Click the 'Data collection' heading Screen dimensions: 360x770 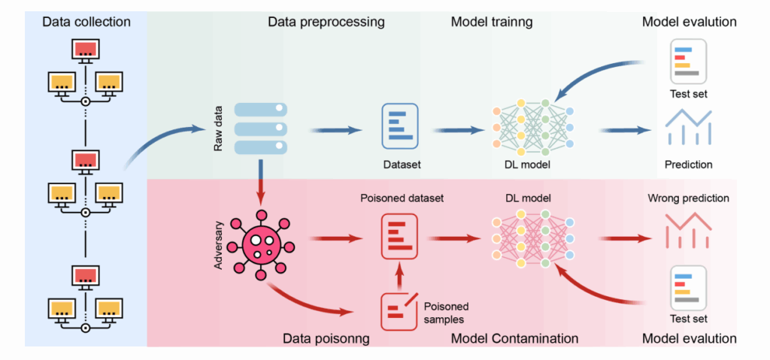click(x=86, y=22)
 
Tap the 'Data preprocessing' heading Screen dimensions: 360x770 click(x=326, y=22)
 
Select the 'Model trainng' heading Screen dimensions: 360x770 click(x=492, y=22)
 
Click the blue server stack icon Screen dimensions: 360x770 click(x=260, y=129)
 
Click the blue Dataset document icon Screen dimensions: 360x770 click(x=400, y=126)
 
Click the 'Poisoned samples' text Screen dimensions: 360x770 click(x=446, y=313)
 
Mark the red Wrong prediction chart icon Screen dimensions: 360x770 click(x=688, y=230)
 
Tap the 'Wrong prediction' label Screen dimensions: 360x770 click(x=688, y=199)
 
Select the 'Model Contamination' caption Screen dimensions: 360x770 click(x=514, y=338)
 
